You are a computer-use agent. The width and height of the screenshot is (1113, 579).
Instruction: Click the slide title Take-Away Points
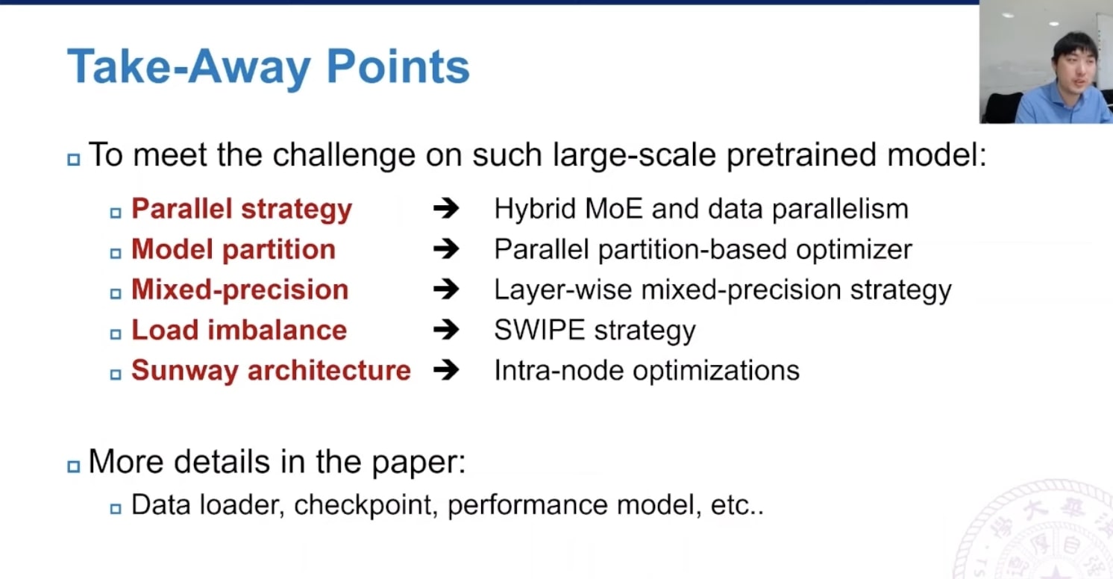[x=268, y=67]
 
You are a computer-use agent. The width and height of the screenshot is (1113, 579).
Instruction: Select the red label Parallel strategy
[x=241, y=210]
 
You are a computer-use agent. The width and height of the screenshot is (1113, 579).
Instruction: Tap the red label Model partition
[x=233, y=250]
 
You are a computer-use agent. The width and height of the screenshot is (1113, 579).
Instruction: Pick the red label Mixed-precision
[x=239, y=290]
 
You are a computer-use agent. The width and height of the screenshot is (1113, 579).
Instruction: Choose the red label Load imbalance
[x=239, y=331]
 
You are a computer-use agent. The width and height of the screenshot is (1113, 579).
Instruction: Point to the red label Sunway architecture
[x=271, y=371]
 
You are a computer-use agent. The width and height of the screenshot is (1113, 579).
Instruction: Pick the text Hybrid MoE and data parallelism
[x=700, y=210]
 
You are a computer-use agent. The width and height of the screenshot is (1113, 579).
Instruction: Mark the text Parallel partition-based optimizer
[x=703, y=250]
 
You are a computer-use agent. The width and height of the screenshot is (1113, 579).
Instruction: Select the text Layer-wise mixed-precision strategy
[x=722, y=290]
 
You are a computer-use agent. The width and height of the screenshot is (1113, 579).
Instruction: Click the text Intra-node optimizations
[x=646, y=371]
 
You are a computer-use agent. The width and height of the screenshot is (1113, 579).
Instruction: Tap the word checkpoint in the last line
[x=363, y=506]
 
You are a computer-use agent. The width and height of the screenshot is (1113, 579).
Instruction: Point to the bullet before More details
[x=73, y=466]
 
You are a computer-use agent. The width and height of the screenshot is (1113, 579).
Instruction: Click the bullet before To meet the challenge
[x=73, y=159]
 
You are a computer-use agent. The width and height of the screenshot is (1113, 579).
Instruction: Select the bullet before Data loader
[x=116, y=509]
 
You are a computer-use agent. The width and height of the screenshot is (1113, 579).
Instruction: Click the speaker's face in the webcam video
[x=1073, y=60]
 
